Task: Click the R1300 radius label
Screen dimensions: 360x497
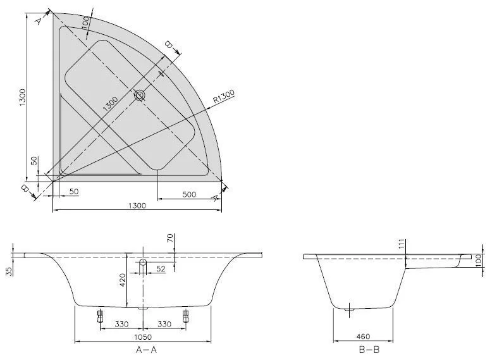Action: point(224,96)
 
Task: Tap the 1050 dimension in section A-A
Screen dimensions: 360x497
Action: point(144,337)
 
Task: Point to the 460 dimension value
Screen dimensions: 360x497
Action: point(362,337)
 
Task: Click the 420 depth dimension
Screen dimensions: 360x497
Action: point(122,279)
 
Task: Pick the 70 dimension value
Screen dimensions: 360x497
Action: point(170,239)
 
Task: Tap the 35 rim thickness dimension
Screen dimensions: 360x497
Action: point(9,271)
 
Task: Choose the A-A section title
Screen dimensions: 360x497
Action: point(143,349)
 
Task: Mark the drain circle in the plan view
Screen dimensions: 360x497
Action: point(139,96)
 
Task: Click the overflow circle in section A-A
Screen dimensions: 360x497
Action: point(144,262)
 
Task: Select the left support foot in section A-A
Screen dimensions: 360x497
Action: point(99,316)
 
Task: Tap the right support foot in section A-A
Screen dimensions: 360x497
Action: point(186,316)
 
